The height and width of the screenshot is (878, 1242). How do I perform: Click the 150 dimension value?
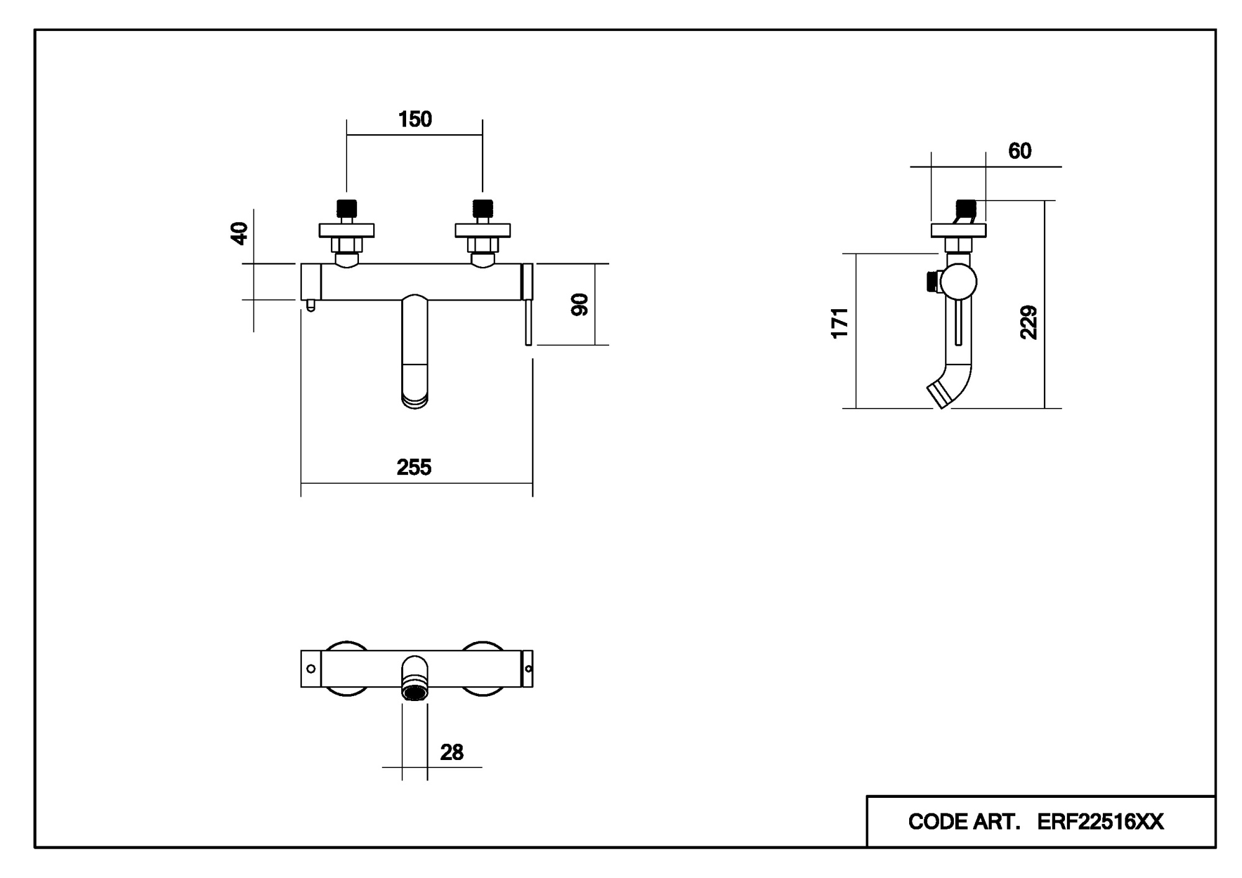point(415,119)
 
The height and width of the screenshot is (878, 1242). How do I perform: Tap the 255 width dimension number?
point(414,468)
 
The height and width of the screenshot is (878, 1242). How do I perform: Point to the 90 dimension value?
point(579,305)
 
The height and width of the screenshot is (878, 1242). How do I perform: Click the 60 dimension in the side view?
point(1020,151)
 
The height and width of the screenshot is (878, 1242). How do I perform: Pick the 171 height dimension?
point(840,323)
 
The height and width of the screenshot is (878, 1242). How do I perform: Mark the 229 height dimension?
point(1029,322)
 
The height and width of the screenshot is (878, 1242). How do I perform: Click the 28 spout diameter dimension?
point(451,753)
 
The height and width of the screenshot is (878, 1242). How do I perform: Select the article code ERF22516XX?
point(1100,822)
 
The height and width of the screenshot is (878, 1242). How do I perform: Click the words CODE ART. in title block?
point(964,822)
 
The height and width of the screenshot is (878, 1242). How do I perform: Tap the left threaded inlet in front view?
point(347,208)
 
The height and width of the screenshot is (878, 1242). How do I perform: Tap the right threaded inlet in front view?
point(483,208)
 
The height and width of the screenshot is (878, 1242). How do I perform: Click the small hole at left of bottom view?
point(311,669)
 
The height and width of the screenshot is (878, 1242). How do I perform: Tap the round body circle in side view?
point(958,281)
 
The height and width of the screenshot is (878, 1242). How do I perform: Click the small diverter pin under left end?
point(311,305)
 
